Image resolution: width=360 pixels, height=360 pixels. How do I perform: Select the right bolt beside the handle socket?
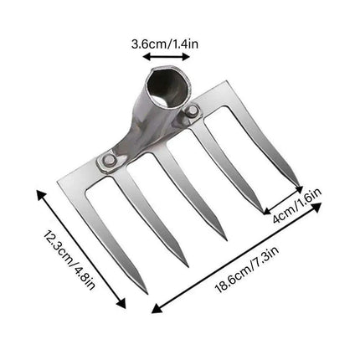[x=193, y=111]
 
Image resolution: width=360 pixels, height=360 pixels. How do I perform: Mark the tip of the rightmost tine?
[x=299, y=186]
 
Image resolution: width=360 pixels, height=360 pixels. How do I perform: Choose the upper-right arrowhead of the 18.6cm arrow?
[x=320, y=203]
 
